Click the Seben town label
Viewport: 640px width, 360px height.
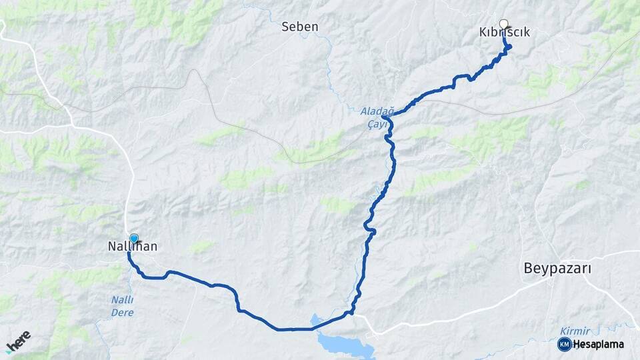coord(299,27)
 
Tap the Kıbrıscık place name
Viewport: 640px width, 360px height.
coord(504,32)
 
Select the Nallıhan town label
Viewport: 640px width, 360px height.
coord(133,247)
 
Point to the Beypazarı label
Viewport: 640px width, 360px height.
coord(557,268)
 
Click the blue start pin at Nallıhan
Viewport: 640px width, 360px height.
coord(134,238)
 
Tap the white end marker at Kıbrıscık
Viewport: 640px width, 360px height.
coord(503,23)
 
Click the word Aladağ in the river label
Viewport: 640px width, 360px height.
coord(377,111)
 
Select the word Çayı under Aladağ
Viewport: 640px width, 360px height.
coord(377,123)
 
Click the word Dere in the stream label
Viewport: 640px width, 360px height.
coord(122,312)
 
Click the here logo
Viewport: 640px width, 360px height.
coord(18,341)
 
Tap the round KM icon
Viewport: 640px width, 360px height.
coord(564,344)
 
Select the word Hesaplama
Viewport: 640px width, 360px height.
coord(598,345)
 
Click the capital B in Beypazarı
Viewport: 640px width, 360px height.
coord(528,268)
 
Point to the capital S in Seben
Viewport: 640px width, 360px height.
coord(285,27)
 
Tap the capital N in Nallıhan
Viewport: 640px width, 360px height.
coord(112,247)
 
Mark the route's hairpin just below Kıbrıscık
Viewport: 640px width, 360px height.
coord(508,47)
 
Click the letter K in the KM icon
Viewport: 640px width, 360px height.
coord(562,344)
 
